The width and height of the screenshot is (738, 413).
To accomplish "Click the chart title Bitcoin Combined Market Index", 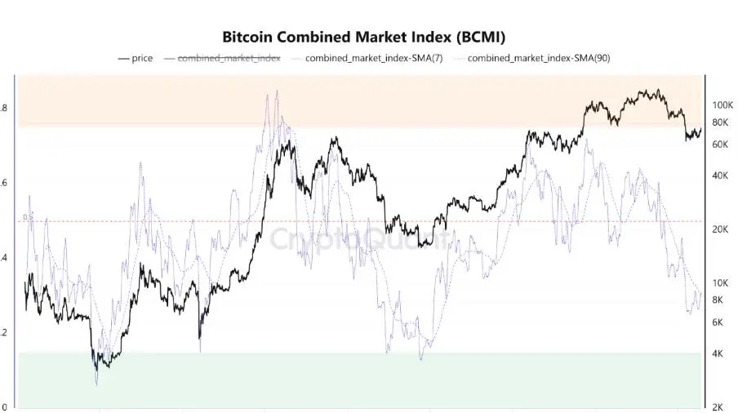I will point(364,38).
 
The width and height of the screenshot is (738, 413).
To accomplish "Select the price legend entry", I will point(142,59).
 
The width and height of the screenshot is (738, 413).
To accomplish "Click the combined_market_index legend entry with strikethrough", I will point(229,59).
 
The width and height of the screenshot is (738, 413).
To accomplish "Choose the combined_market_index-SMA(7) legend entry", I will point(374,59).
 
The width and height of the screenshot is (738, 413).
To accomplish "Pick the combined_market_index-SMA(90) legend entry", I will point(539,59).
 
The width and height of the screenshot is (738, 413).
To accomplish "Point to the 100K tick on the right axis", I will point(723,105).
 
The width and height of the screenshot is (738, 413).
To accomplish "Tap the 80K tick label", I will point(721,122).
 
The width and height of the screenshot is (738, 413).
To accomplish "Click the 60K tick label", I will point(721,144).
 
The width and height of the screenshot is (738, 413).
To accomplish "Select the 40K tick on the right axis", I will point(721,175).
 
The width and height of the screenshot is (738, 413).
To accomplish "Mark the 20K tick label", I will point(721,229).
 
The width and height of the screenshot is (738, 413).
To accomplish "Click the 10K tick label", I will point(721,283).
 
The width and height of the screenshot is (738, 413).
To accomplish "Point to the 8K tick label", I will point(718,300).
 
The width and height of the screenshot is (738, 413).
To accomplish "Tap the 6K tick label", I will point(718,322).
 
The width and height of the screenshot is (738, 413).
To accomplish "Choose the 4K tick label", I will point(718,353).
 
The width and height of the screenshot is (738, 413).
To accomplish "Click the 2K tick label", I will point(718,407).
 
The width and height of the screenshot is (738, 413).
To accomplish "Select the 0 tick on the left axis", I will point(4,407).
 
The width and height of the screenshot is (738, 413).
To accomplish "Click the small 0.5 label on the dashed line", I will point(28,217).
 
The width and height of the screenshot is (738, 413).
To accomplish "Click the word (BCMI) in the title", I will point(481,38).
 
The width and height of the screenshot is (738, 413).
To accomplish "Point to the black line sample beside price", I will point(123,59).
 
